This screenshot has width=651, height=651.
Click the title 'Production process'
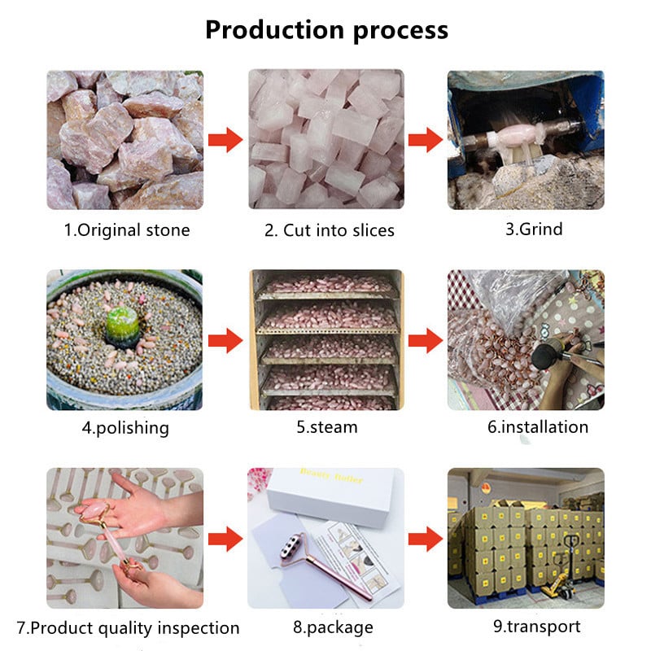click(x=327, y=30)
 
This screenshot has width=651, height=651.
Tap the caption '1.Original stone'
click(x=127, y=230)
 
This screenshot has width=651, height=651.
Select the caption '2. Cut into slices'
click(x=330, y=230)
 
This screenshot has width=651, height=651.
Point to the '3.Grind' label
click(x=534, y=229)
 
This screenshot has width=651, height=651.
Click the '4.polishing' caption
click(x=125, y=428)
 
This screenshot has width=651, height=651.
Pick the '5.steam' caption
click(x=327, y=426)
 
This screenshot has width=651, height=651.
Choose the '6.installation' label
click(x=538, y=426)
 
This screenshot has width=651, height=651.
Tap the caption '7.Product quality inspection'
click(x=128, y=628)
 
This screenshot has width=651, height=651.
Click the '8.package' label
click(x=333, y=627)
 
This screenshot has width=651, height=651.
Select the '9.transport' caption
click(x=537, y=627)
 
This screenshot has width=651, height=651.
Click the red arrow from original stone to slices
click(x=225, y=140)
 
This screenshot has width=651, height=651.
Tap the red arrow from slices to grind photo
click(x=426, y=140)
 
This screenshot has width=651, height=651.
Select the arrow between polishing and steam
click(x=225, y=340)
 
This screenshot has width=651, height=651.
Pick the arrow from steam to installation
click(x=426, y=340)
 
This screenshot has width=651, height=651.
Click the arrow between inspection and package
click(x=225, y=539)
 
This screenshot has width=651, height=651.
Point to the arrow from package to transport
click(x=426, y=539)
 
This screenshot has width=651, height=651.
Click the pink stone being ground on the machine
click(x=517, y=136)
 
